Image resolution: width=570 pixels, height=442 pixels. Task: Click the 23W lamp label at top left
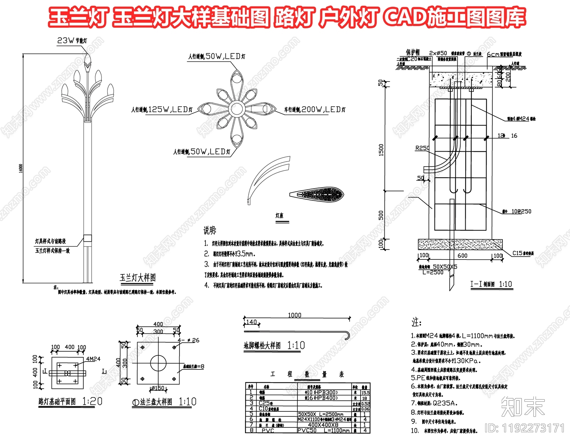point(72,41)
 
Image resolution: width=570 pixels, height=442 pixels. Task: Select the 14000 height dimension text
point(21,168)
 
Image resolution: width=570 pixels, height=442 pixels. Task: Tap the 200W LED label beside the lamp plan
point(315,110)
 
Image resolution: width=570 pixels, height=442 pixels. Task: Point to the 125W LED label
point(162,110)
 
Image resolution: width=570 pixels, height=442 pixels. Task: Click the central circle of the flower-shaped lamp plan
point(236,108)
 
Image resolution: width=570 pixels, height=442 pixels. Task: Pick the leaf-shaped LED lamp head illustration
point(316,194)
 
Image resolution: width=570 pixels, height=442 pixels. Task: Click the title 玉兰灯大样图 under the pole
point(138,278)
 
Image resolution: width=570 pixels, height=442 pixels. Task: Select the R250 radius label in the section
point(422,148)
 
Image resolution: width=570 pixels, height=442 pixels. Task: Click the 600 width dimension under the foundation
point(462,256)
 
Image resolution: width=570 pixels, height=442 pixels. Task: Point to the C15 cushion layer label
point(523,253)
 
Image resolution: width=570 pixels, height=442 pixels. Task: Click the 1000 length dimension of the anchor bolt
point(294,315)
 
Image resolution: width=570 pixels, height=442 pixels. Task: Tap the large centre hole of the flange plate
point(158,363)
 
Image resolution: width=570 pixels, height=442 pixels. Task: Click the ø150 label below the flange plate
point(158,388)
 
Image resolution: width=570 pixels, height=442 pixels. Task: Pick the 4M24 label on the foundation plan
point(93,359)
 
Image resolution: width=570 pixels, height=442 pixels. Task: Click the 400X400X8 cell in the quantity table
point(323,425)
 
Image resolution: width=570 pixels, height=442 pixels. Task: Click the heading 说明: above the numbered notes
point(210,230)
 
